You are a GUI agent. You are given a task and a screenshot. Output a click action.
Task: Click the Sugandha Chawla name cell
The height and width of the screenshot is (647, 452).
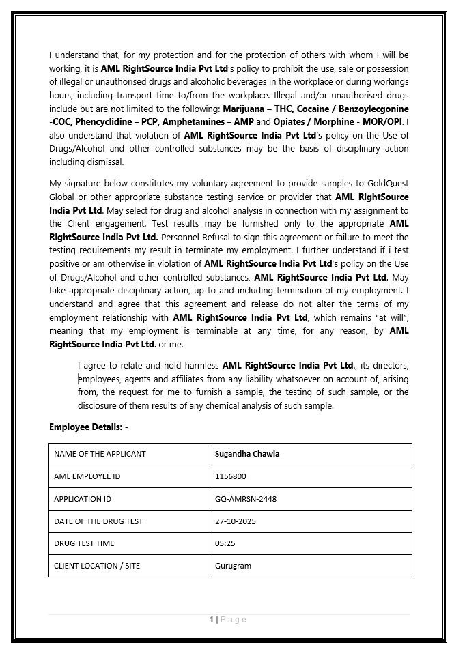point(247,454)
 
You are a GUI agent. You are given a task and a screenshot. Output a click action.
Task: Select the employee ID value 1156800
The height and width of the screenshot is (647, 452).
point(231,476)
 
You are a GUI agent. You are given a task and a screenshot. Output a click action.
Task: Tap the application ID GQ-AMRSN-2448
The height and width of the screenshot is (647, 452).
point(246,499)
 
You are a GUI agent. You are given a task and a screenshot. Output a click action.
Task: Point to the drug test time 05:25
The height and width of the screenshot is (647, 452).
point(225,543)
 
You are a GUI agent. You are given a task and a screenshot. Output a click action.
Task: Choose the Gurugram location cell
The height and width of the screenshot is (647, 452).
point(233,566)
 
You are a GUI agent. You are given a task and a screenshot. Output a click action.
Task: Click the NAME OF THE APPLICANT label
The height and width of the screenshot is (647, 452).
point(100,454)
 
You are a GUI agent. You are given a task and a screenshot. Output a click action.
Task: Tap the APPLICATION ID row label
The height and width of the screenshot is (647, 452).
point(83,499)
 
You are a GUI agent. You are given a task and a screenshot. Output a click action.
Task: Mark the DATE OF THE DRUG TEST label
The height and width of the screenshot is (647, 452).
point(98,521)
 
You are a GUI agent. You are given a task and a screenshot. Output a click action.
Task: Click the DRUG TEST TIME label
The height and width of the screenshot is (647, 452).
point(84,543)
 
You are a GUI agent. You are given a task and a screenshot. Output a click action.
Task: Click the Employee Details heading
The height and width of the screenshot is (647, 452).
point(88,427)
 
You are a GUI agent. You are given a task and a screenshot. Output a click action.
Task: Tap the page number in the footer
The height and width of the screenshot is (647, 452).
point(212,619)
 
